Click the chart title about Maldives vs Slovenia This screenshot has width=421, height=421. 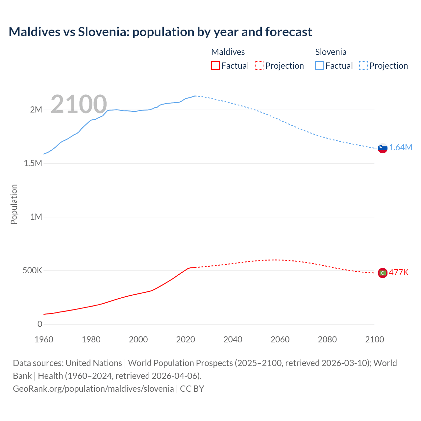click(x=160, y=32)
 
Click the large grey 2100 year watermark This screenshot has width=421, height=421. click(x=79, y=104)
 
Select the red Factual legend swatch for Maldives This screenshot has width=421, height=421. click(x=215, y=65)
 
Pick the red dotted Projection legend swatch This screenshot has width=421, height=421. click(x=259, y=65)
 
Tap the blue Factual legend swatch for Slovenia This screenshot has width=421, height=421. click(x=319, y=65)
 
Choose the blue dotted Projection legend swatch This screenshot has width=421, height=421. click(x=363, y=65)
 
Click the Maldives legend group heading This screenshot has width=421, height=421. click(x=228, y=52)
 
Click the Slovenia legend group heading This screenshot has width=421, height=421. click(x=331, y=52)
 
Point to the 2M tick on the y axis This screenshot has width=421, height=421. click(x=36, y=110)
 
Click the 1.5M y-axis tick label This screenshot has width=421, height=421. click(x=33, y=163)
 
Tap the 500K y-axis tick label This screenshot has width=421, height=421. click(x=32, y=271)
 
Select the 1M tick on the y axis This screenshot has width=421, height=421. click(x=36, y=217)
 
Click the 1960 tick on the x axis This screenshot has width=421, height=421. click(x=44, y=339)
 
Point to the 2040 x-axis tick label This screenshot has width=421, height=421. click(x=233, y=339)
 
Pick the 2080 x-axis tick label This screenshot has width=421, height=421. click(x=327, y=339)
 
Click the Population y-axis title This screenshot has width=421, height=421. click(x=14, y=204)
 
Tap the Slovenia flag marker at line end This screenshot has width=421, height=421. click(x=383, y=148)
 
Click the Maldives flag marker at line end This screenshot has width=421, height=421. click(x=383, y=273)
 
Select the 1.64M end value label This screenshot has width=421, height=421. click(x=401, y=148)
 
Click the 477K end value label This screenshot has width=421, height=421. click(x=399, y=272)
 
